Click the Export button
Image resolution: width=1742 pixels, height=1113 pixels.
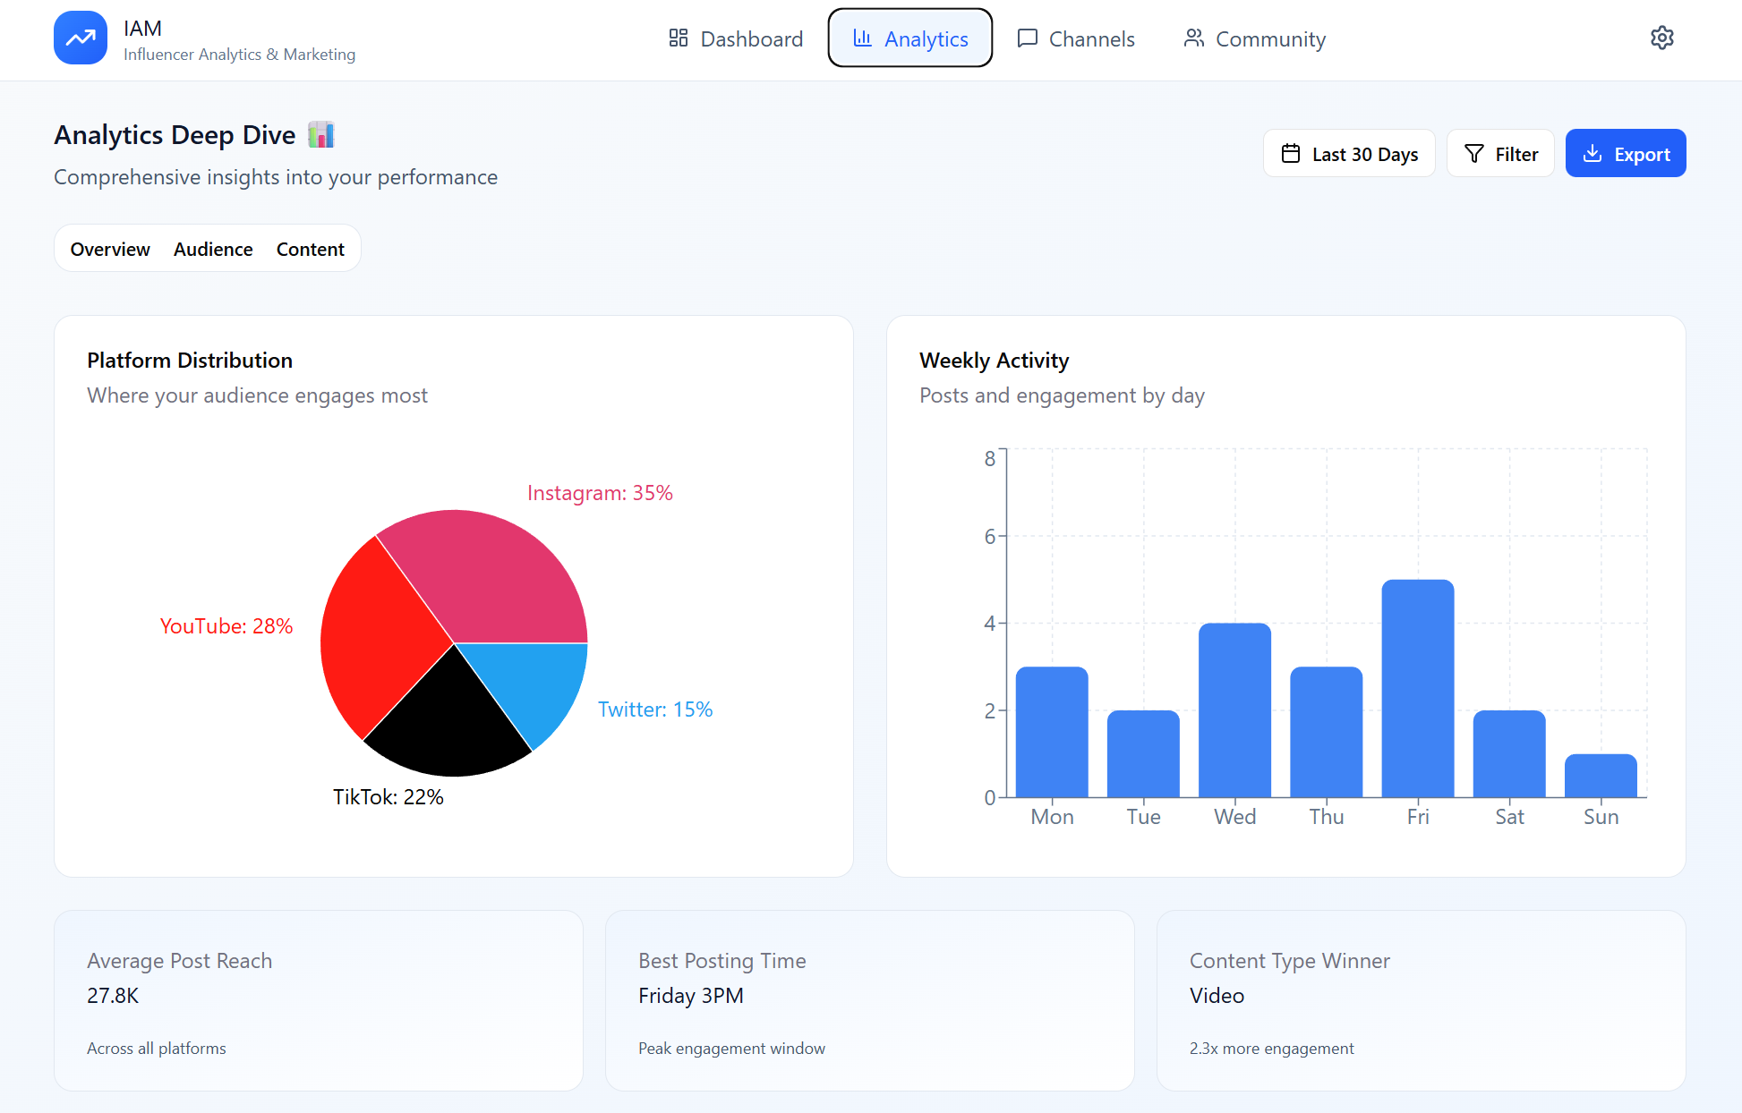click(x=1625, y=154)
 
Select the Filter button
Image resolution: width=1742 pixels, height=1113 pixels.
click(x=1500, y=154)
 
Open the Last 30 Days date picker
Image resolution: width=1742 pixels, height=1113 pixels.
click(x=1349, y=154)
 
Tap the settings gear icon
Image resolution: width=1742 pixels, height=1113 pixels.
click(x=1661, y=38)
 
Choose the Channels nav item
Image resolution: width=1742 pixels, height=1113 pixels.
click(x=1076, y=38)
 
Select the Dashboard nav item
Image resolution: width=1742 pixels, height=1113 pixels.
click(x=736, y=38)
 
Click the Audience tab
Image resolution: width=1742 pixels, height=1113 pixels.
click(x=213, y=249)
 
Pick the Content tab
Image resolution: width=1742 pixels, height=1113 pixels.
click(x=310, y=249)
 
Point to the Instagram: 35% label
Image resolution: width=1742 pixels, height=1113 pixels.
click(x=600, y=493)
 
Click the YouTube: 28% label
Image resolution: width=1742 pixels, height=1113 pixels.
click(x=226, y=626)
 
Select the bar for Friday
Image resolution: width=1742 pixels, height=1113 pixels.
click(x=1417, y=689)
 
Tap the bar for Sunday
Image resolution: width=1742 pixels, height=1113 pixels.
click(x=1600, y=776)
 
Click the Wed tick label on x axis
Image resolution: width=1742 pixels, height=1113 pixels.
click(x=1234, y=817)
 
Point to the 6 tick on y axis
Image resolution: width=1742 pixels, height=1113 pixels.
click(x=989, y=537)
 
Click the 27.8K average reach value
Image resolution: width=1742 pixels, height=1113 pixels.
click(x=113, y=996)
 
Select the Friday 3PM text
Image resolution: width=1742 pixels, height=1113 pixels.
click(x=690, y=996)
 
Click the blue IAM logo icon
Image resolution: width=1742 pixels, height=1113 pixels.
click(x=81, y=38)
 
